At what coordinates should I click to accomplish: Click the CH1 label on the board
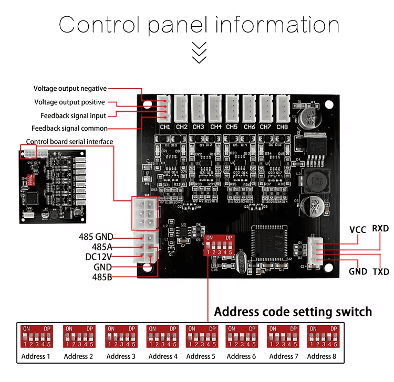point(165,126)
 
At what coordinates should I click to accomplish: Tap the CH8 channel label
point(282,126)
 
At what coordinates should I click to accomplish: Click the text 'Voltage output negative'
point(70,89)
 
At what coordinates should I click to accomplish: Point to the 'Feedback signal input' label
point(73,115)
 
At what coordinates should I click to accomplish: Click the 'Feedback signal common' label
point(69,128)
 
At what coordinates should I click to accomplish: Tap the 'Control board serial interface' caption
point(69,142)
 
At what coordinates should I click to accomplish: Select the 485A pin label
point(102,247)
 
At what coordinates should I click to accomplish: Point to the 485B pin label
point(102,277)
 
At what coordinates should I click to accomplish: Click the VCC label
point(358,229)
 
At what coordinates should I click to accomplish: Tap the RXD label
point(381,228)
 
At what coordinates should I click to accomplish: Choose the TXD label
point(381,272)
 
